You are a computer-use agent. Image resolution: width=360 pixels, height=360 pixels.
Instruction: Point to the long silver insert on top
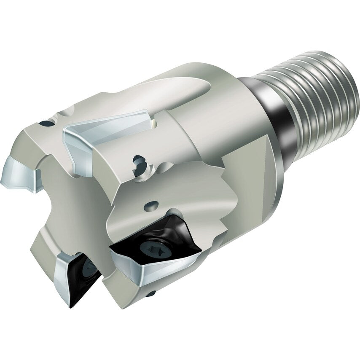tap(105, 131)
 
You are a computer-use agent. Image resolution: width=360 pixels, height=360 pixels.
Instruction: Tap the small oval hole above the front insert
tap(152, 205)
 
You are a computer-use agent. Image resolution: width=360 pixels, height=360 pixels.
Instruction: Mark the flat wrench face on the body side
tap(249, 177)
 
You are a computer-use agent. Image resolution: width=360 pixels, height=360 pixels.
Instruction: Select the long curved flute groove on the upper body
tap(177, 91)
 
